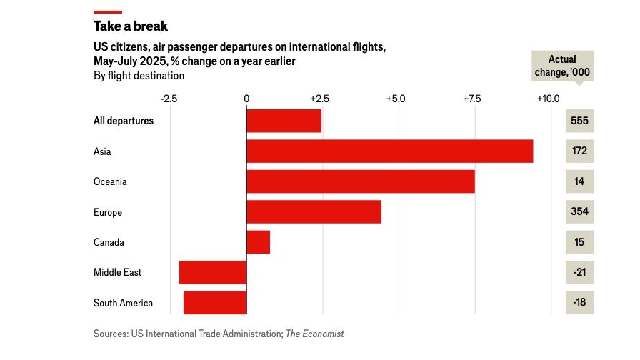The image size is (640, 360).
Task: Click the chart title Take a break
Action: point(131,26)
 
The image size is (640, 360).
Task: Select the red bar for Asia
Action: point(389,151)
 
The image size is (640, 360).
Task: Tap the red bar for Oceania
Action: point(360,181)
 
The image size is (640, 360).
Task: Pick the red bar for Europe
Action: point(314,212)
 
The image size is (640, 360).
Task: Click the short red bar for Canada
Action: point(258,242)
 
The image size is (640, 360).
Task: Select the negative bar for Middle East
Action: point(213,272)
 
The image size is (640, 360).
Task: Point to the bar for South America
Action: point(215,303)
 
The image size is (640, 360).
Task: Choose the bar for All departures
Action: point(284,121)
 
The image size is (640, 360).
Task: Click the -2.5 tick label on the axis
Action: point(169,98)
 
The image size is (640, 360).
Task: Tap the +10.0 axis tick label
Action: point(548,98)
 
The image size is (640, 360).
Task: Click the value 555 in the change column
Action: point(579,121)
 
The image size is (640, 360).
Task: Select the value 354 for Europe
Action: point(579,212)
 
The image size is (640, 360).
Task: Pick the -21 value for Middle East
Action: point(579,272)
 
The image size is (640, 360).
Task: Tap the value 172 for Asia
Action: point(579,151)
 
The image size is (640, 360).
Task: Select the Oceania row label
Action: point(110,181)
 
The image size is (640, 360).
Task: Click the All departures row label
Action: point(124,121)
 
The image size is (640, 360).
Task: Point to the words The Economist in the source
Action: point(314,334)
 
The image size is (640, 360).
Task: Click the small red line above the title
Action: point(107,11)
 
